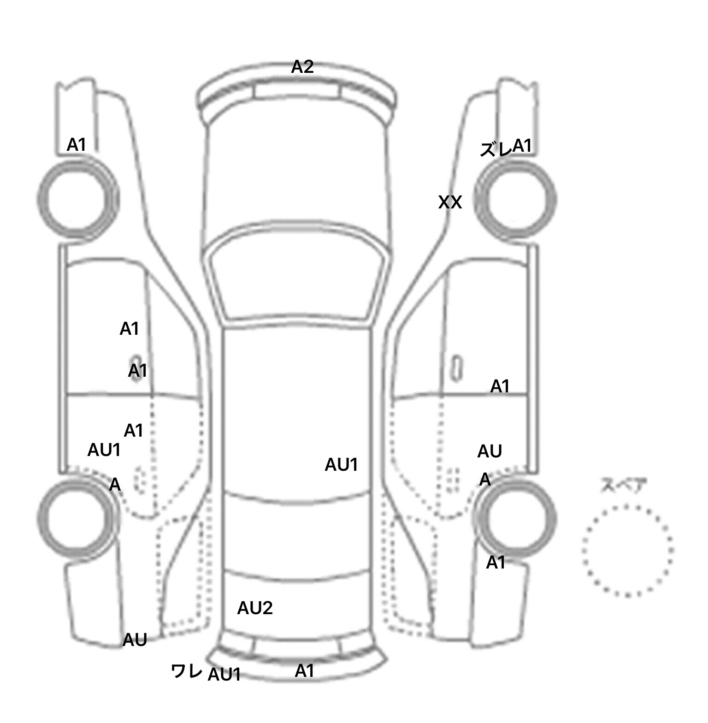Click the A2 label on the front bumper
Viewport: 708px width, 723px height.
click(302, 67)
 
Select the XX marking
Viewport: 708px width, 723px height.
click(450, 202)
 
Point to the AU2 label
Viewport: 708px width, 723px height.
click(255, 608)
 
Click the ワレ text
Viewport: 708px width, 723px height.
click(186, 671)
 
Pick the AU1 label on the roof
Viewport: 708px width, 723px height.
click(341, 465)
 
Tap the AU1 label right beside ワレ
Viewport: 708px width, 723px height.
click(224, 675)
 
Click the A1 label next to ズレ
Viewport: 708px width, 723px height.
click(522, 146)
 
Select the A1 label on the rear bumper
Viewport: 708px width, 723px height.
click(304, 671)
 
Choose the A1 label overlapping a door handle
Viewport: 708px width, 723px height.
click(137, 370)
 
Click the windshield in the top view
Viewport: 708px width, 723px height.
click(298, 276)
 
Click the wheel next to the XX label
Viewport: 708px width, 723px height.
click(515, 200)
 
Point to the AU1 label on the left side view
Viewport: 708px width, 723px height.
click(104, 450)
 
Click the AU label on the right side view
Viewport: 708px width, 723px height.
click(490, 451)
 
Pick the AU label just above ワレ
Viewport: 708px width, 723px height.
click(135, 640)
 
